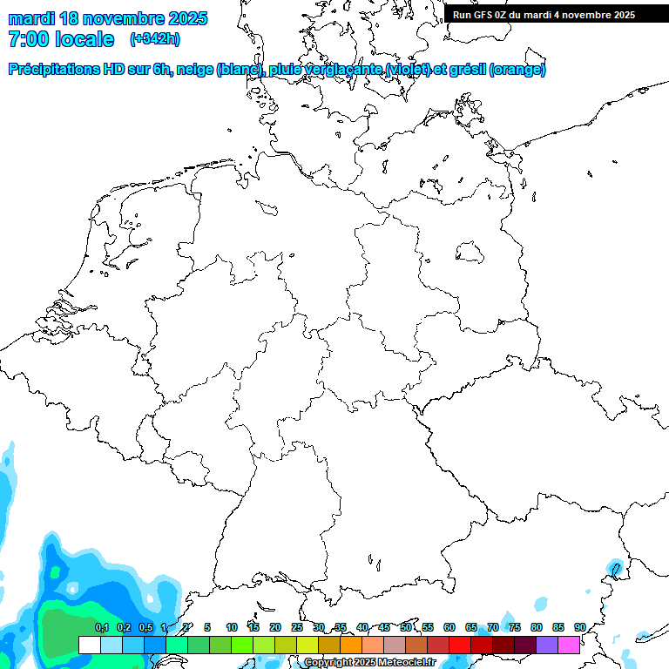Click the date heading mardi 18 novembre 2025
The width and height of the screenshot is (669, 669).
108,18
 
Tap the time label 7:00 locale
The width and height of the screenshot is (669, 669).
61,39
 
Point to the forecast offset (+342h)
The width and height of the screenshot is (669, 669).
154,39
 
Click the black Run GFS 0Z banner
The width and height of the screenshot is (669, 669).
544,15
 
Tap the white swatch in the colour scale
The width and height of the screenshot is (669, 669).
89,645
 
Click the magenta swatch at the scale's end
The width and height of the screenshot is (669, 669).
569,645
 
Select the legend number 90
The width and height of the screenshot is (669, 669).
580,627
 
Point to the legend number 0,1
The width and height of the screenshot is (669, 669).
102,627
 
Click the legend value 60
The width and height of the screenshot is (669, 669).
449,627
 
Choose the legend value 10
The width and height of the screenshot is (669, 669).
232,627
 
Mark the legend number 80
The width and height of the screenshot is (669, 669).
537,627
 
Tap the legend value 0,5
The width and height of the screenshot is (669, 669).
145,627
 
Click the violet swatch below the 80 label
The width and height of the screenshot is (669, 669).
547,645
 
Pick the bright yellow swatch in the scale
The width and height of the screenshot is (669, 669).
307,645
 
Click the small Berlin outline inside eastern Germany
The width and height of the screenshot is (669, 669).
470,253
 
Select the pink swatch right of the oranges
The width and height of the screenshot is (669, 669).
373,645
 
